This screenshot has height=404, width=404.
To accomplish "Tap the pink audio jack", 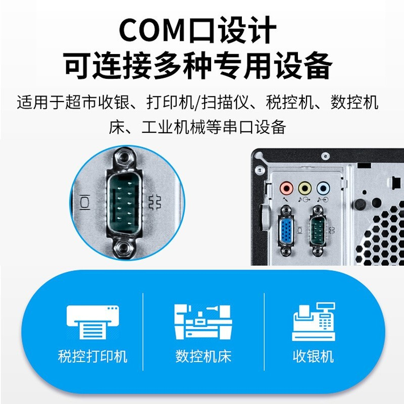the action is click(286, 188).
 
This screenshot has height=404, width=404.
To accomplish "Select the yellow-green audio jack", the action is click(305, 188).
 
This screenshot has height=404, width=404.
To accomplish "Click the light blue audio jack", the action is click(323, 188).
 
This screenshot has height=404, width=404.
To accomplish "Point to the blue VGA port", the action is click(286, 230).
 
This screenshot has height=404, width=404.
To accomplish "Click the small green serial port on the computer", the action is click(317, 230).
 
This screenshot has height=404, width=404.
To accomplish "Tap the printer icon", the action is click(93, 322).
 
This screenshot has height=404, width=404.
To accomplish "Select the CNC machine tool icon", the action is click(204, 322).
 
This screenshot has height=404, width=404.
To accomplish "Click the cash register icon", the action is click(314, 322).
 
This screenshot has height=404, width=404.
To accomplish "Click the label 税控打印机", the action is click(93, 357).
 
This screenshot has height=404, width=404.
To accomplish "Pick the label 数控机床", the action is click(204, 357).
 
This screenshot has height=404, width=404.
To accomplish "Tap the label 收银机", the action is click(313, 357).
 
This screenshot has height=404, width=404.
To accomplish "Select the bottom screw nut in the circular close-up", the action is click(124, 248).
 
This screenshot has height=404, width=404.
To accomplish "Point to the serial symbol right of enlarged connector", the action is click(155, 203).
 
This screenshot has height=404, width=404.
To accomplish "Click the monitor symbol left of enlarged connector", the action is click(85, 203).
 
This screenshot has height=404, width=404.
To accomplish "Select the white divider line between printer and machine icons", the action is click(143, 332).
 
